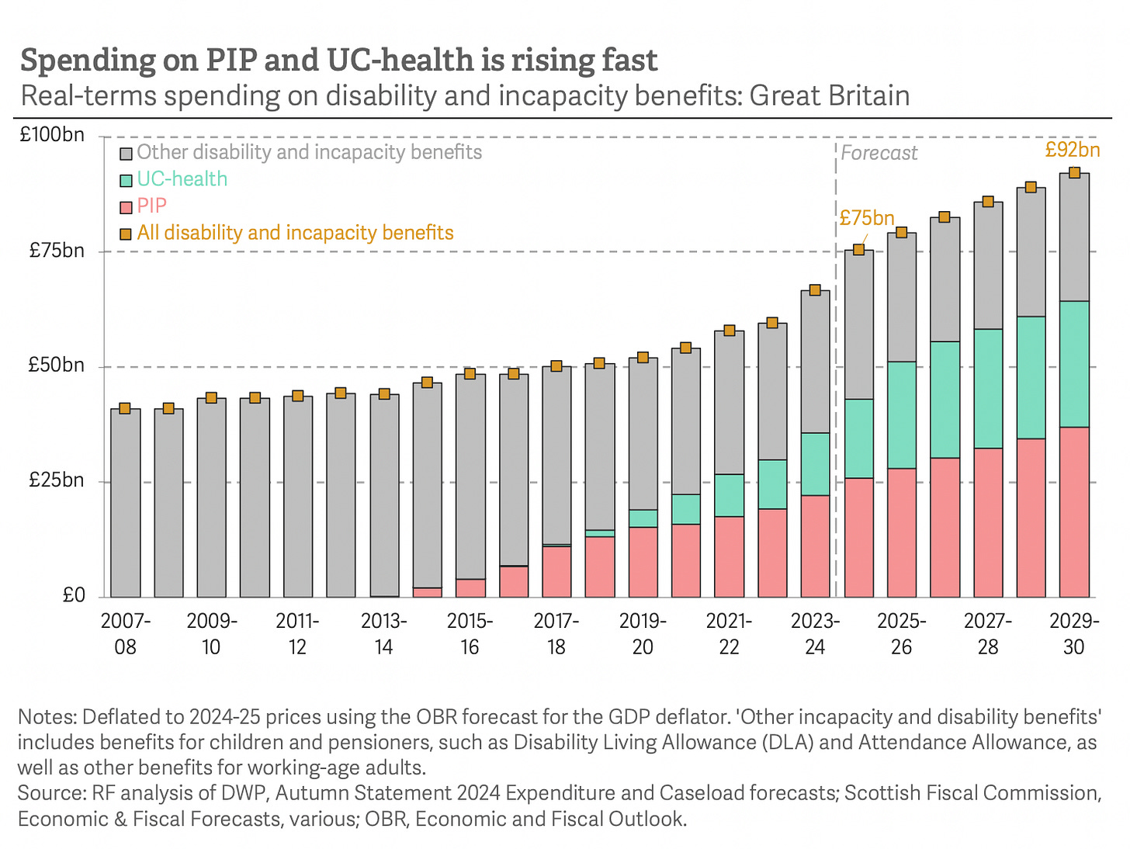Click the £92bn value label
tap(1073, 149)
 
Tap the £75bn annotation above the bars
tap(866, 218)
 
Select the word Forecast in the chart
tap(879, 153)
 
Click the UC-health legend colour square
tap(126, 180)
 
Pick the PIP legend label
tap(151, 206)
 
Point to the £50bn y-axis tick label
tap(56, 365)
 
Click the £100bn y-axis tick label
tap(52, 135)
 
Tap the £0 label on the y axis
tap(73, 595)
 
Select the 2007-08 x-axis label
tap(125, 634)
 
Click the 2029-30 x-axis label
tap(1073, 634)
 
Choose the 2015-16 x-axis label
tap(470, 634)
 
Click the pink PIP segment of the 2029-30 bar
tap(1074, 512)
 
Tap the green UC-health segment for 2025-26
tap(901, 415)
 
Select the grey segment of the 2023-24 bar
tap(815, 362)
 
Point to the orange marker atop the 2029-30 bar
tap(1074, 173)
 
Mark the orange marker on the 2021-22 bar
tap(729, 331)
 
